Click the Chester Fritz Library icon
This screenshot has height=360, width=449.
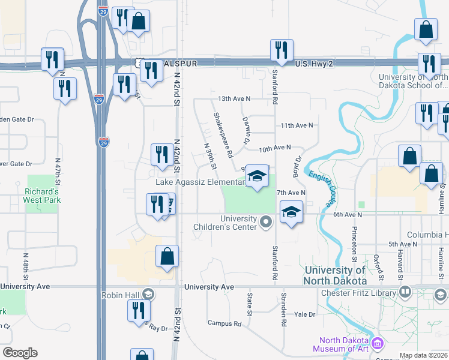[x=405, y=292]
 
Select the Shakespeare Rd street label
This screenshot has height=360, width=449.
[x=223, y=135]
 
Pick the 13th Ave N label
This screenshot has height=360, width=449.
[x=234, y=98]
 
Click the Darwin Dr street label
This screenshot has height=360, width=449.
[x=246, y=130]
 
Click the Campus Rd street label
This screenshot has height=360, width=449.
[x=224, y=323]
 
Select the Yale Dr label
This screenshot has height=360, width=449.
[x=304, y=314]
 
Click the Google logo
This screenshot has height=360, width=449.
[x=20, y=353]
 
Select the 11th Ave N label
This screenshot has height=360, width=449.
[x=297, y=125]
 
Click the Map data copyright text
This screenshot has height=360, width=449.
[x=423, y=355]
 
